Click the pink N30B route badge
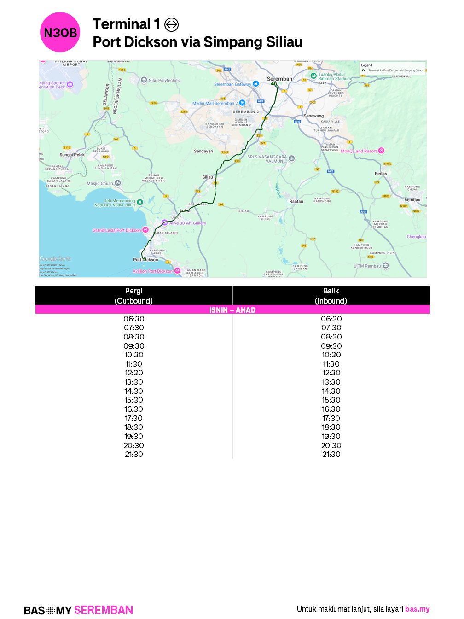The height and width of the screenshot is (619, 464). click(60, 32)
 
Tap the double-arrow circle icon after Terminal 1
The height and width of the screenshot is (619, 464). click(171, 24)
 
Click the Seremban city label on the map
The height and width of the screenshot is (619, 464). click(279, 79)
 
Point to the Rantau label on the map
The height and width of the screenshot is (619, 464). click(296, 201)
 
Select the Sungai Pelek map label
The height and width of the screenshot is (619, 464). click(72, 155)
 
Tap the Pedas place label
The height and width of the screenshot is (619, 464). click(381, 174)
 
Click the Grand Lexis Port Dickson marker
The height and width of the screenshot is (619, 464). click(145, 230)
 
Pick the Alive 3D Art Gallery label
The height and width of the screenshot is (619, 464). click(187, 223)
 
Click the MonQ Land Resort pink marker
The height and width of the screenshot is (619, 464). click(381, 151)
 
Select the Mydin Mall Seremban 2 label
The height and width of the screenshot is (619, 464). click(215, 104)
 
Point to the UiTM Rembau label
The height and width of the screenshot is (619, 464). click(367, 266)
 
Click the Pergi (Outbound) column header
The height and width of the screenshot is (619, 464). click(134, 296)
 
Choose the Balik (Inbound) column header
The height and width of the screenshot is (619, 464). click(331, 296)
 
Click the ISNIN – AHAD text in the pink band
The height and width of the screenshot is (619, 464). click(232, 310)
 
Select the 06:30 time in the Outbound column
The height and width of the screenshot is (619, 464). click(134, 319)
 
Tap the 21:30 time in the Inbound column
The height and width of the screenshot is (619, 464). click(331, 454)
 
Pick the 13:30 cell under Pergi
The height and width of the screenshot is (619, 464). click(134, 382)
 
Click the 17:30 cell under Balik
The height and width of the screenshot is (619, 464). click(331, 418)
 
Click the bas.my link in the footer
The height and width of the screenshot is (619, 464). click(417, 609)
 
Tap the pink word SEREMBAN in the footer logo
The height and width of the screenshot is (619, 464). click(104, 610)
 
